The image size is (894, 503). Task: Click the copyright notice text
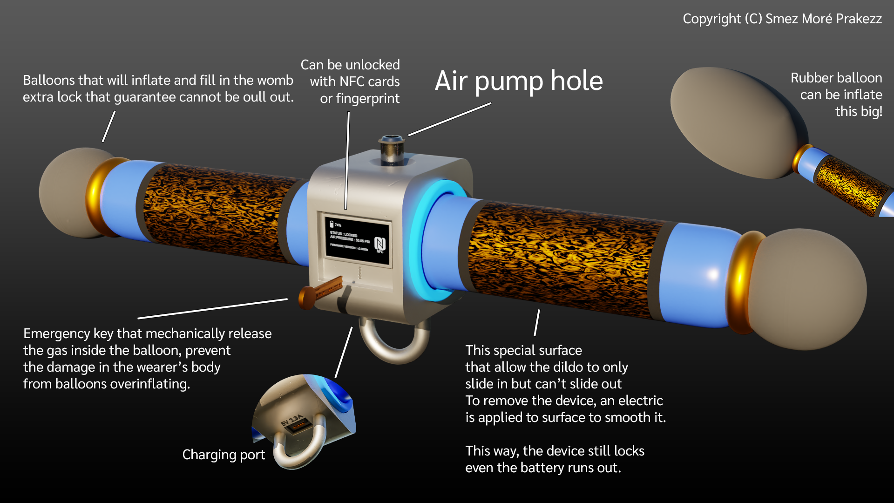782,19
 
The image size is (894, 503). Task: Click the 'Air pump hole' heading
518,81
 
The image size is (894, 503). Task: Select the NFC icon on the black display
379,244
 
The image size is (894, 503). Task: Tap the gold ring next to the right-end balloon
740,282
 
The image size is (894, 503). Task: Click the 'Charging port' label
223,455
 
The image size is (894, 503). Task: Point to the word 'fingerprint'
367,99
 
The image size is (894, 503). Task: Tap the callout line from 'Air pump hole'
449,119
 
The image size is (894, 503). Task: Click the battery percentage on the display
338,225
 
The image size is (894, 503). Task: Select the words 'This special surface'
523,350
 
